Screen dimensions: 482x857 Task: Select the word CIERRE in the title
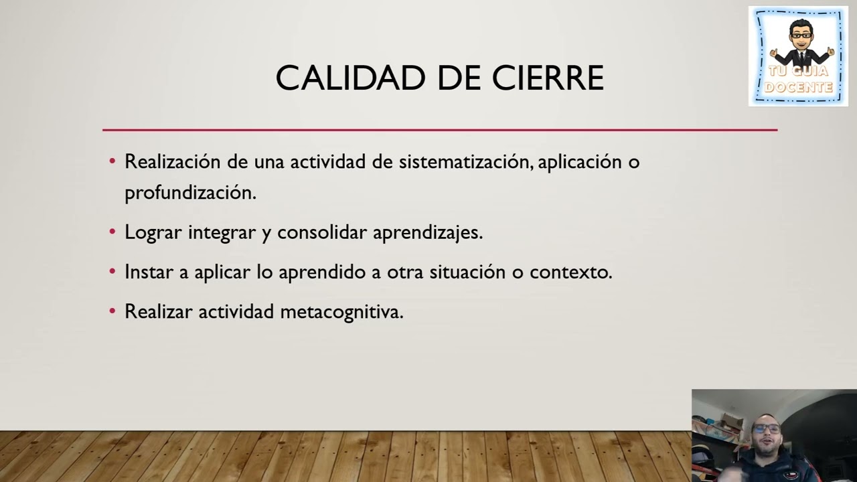548,78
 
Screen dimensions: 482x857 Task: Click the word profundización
190,193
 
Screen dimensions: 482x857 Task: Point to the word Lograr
153,233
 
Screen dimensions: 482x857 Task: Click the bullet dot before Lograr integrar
112,232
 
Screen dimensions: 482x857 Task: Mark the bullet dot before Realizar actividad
112,311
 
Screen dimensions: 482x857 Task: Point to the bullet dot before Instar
112,272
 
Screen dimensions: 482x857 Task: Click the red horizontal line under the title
439,130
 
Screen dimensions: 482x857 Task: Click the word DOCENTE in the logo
798,88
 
